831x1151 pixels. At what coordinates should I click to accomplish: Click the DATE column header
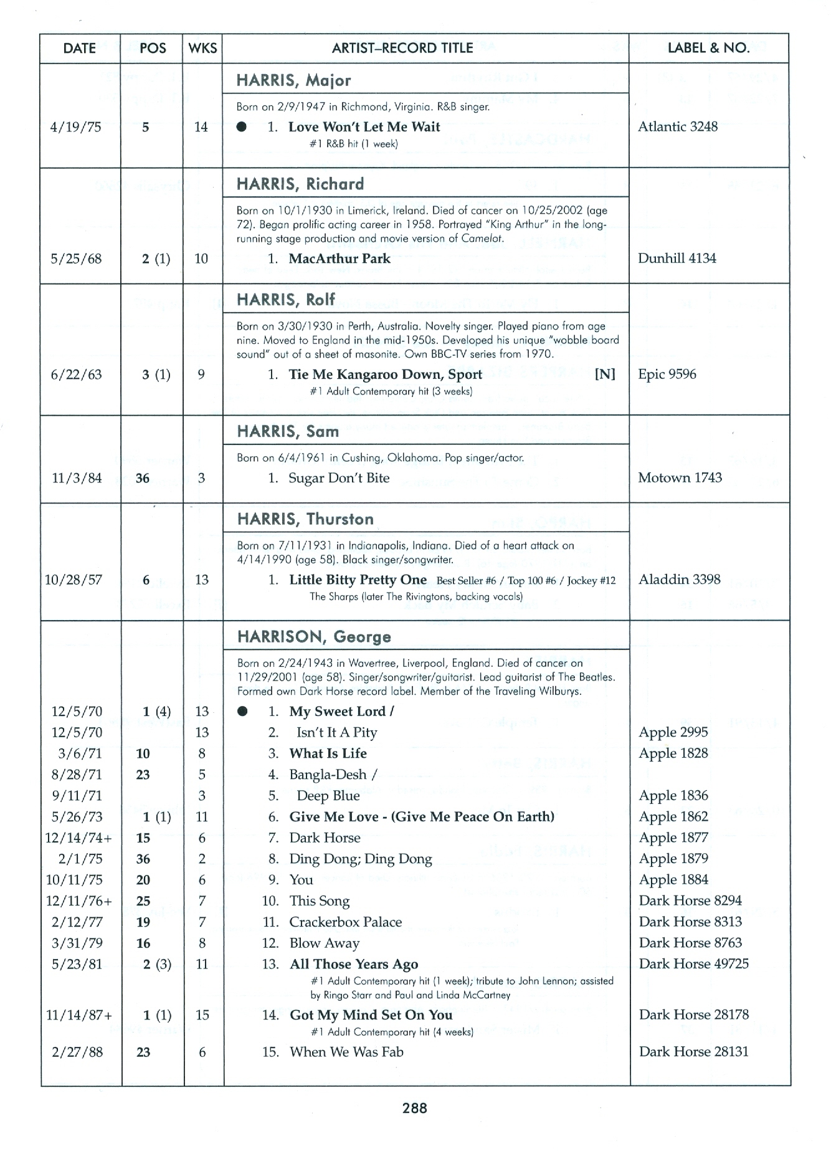click(79, 49)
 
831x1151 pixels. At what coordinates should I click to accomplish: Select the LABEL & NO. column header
click(708, 49)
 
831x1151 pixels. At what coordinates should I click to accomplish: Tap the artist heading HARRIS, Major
click(293, 80)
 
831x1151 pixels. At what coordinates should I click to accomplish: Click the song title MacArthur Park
click(340, 259)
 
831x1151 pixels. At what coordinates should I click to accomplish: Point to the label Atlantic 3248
click(678, 127)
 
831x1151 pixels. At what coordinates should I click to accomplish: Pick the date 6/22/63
click(76, 375)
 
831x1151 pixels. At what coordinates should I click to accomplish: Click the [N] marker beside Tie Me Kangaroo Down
click(604, 374)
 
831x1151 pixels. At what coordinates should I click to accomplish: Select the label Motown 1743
click(680, 478)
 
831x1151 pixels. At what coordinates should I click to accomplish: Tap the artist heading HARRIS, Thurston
click(305, 519)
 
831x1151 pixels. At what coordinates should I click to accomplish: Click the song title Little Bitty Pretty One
click(358, 580)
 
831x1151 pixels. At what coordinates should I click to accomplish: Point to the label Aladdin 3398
click(679, 580)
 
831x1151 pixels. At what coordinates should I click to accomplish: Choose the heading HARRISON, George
click(314, 637)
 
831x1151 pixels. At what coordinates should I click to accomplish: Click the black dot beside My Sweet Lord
click(243, 712)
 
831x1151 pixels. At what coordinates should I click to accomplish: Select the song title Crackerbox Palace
click(345, 922)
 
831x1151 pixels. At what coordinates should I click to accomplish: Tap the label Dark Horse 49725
click(693, 964)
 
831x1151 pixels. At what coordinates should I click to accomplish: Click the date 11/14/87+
click(79, 1015)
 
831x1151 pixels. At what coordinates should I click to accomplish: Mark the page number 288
click(415, 1108)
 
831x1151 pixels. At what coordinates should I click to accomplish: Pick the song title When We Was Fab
click(346, 1052)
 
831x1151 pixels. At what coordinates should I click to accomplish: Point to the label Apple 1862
click(673, 817)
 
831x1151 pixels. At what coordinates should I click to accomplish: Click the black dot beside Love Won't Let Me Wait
click(242, 127)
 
